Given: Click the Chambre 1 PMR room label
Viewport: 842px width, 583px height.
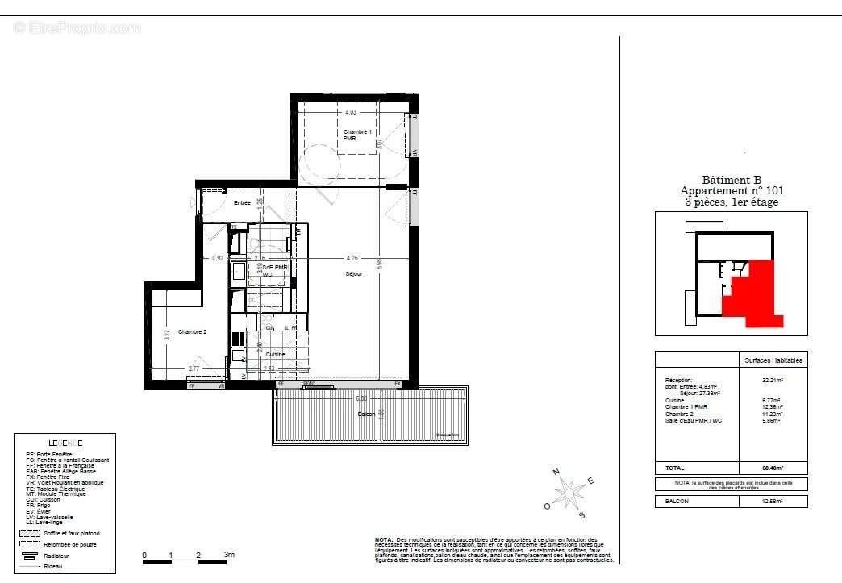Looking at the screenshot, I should [357, 135].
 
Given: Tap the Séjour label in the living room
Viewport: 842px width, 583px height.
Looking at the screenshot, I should [354, 274].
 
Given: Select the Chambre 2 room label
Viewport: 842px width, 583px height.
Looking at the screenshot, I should [193, 332].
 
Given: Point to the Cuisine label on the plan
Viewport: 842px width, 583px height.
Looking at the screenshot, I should [275, 355].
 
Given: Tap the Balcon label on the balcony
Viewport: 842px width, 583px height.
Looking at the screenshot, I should [367, 414].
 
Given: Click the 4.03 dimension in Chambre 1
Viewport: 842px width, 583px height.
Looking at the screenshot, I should [351, 113].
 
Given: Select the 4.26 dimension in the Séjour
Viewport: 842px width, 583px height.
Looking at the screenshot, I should [352, 259].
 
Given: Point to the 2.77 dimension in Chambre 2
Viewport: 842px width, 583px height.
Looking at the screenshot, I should [194, 369].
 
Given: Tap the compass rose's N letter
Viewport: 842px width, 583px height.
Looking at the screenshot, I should [556, 473].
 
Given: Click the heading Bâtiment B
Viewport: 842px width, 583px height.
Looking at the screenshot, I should [732, 181].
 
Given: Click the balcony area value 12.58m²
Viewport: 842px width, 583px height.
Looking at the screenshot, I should [773, 502].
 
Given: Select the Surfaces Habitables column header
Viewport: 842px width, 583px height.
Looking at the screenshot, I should [773, 360].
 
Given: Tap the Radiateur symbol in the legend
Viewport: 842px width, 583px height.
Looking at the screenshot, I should [29, 556].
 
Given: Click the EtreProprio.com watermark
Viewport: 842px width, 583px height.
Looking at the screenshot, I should [77, 28].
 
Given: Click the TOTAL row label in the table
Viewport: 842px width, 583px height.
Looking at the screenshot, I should [675, 468].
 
